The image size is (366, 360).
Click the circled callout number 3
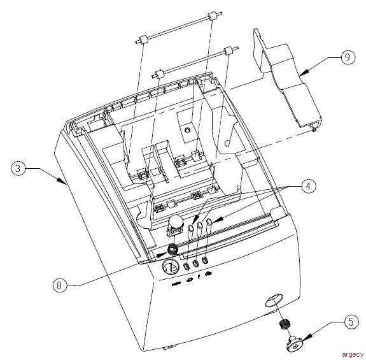coord(20,169)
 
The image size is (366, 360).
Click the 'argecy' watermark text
coord(351,354)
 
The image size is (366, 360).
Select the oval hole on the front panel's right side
coord(273,301)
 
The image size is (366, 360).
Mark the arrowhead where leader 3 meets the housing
coord(65,184)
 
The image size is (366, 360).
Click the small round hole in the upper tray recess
coord(187,129)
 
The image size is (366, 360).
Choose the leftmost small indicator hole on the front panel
coord(188,265)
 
